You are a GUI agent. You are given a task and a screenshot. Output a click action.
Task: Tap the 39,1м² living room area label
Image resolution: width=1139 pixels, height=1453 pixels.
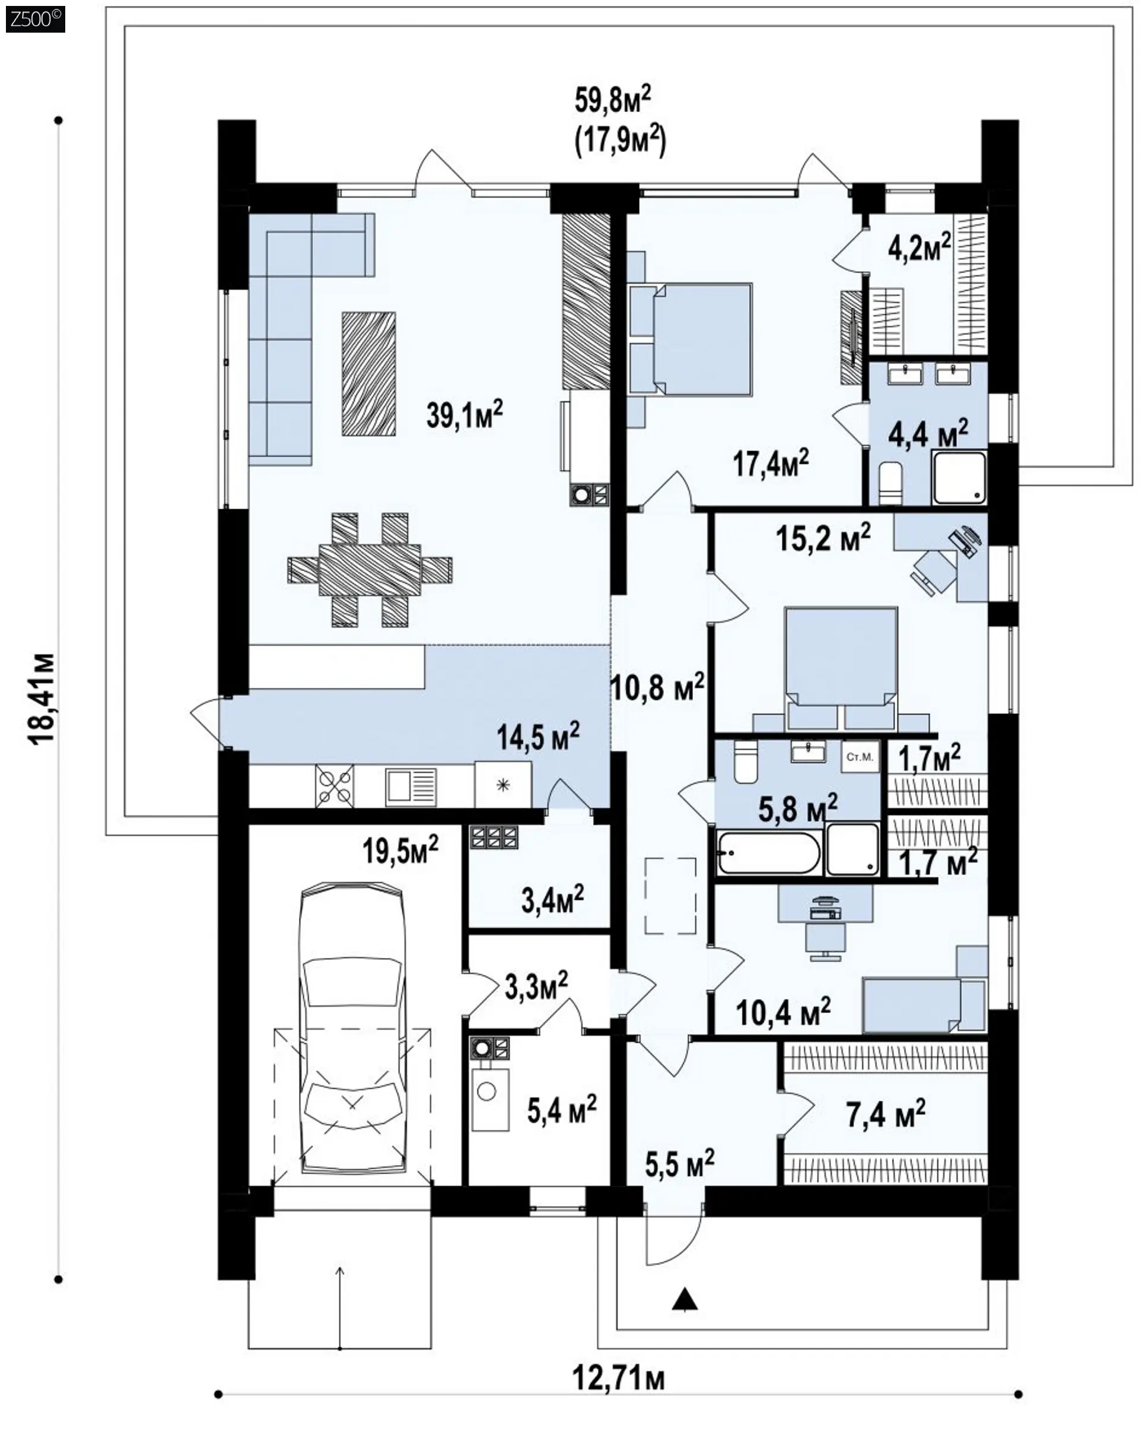point(465,415)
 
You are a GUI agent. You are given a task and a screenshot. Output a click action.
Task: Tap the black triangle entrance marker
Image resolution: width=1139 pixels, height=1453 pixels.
point(684,1299)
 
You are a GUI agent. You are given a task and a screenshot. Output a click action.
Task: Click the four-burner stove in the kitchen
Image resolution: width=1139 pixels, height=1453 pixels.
point(335,787)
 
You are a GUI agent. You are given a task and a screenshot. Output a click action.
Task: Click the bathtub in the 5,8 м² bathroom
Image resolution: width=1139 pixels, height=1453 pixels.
point(768,852)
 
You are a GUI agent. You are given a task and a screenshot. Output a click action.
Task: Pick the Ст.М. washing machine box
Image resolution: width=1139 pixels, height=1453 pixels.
point(860,757)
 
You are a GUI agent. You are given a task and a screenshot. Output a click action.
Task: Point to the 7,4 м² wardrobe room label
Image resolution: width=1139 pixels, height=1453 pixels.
point(886,1114)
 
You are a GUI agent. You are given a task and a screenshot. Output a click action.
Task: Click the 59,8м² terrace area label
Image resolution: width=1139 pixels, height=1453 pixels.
point(613,101)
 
